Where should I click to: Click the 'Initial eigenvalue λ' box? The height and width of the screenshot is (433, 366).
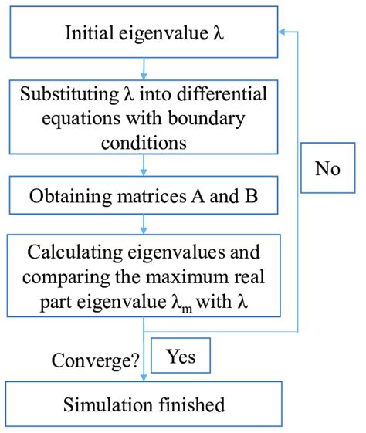click(144, 34)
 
